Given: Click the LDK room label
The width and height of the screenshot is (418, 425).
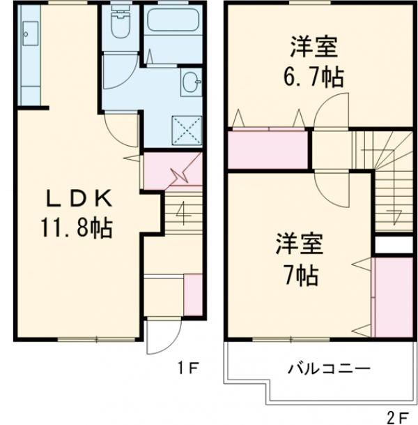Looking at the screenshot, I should click(x=78, y=200).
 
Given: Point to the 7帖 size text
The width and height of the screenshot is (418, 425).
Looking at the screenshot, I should click(x=301, y=275).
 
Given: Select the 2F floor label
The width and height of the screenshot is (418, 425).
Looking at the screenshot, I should click(x=398, y=417).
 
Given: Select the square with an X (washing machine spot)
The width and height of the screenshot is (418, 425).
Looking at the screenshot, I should click(x=187, y=129).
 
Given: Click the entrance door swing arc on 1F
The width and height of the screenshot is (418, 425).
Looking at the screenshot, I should click(x=157, y=340).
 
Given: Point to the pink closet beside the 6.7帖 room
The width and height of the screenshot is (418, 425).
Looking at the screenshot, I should click(x=269, y=149).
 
